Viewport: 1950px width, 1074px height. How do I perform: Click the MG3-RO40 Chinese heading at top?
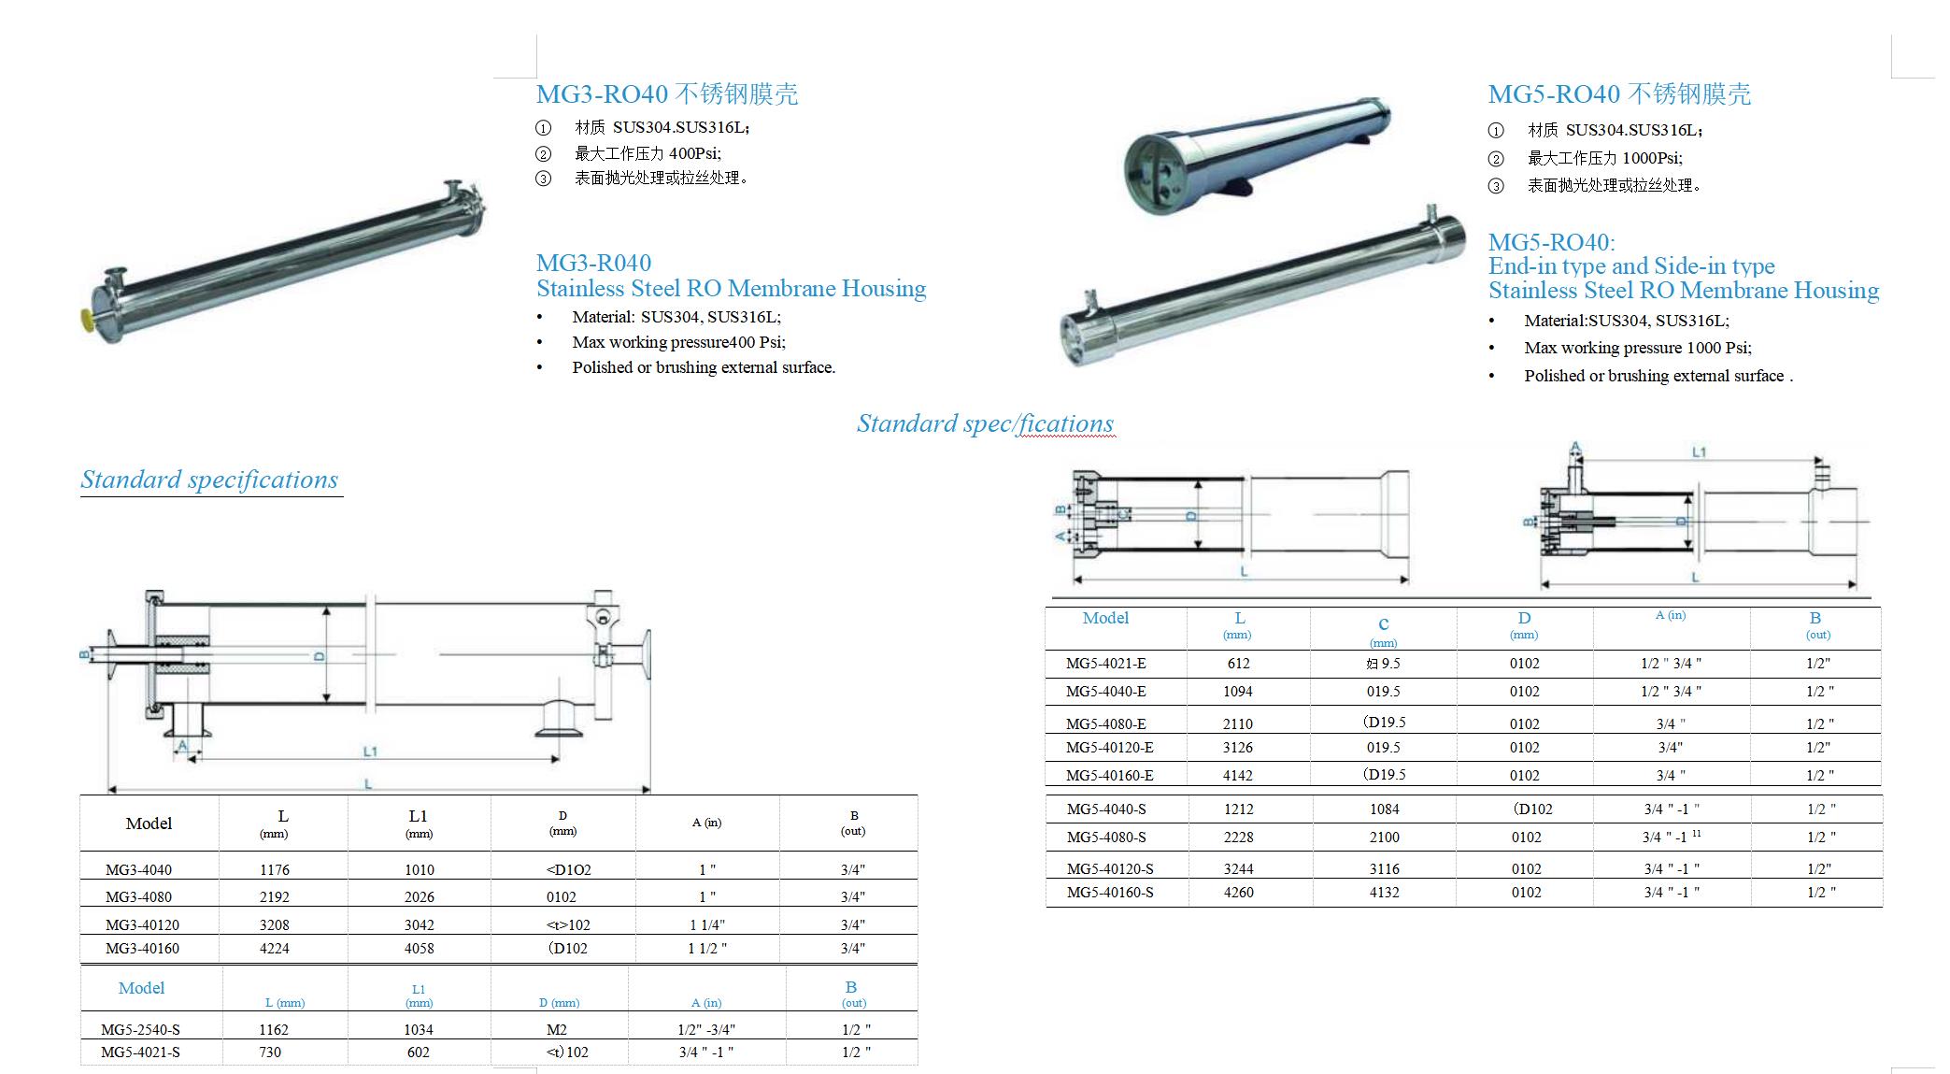(x=666, y=94)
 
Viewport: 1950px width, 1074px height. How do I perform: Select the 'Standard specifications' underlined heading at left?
(x=210, y=480)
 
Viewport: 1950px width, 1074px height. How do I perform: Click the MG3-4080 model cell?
(x=138, y=896)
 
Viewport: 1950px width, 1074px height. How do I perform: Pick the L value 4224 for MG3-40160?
(x=275, y=948)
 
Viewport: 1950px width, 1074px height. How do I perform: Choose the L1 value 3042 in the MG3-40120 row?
(x=419, y=924)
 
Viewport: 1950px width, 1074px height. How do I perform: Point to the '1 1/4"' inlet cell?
(x=706, y=924)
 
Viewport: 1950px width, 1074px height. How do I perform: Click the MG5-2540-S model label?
(x=140, y=1029)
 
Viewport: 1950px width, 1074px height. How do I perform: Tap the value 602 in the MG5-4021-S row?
(x=418, y=1052)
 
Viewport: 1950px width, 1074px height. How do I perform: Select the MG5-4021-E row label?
(x=1105, y=664)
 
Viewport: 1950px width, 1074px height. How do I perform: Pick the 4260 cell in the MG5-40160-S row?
(x=1238, y=892)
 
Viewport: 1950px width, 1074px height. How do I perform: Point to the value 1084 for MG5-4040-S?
(x=1384, y=809)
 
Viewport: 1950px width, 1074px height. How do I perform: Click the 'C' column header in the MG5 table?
(x=1383, y=624)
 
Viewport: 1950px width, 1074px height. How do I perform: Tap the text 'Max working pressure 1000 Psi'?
(x=1637, y=348)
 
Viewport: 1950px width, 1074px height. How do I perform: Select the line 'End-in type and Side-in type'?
(x=1631, y=266)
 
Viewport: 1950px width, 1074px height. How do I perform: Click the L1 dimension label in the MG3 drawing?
(x=370, y=751)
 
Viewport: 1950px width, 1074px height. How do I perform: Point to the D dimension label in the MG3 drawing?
(x=319, y=655)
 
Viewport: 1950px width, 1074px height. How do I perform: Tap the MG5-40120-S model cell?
(x=1110, y=868)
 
